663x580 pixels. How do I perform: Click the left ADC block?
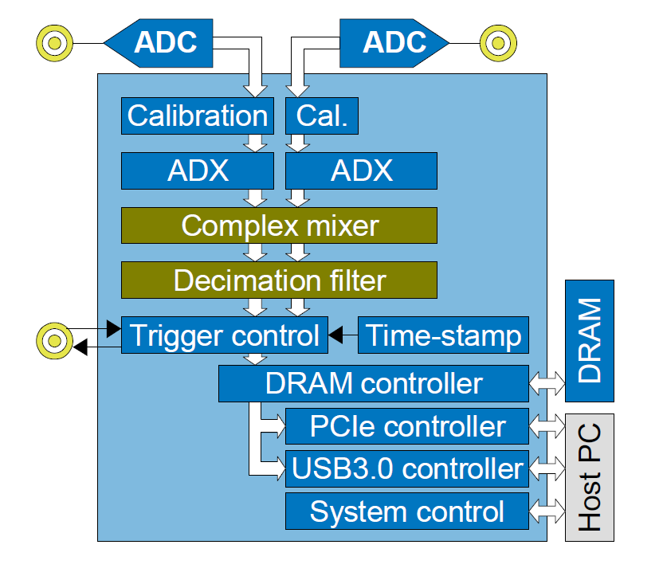(x=163, y=42)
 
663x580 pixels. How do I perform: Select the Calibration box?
(x=197, y=116)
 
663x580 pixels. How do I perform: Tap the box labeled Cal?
(x=322, y=116)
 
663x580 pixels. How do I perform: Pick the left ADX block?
(x=197, y=170)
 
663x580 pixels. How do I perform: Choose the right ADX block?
(x=361, y=170)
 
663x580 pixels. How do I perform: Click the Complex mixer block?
(x=279, y=225)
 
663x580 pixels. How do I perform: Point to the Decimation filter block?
(x=279, y=280)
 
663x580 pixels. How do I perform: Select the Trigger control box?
(x=224, y=335)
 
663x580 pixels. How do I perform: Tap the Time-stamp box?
(x=444, y=335)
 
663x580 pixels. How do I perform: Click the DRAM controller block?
(x=374, y=383)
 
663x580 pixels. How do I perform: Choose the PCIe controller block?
(x=407, y=426)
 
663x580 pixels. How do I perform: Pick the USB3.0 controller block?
(x=407, y=468)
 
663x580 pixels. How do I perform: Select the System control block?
(x=407, y=511)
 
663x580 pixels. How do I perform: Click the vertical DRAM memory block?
(x=590, y=341)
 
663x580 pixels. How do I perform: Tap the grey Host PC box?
(x=590, y=476)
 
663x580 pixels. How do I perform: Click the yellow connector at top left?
(x=54, y=42)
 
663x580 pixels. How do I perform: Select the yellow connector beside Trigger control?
(x=54, y=341)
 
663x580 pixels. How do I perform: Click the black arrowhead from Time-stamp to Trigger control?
(x=336, y=335)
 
